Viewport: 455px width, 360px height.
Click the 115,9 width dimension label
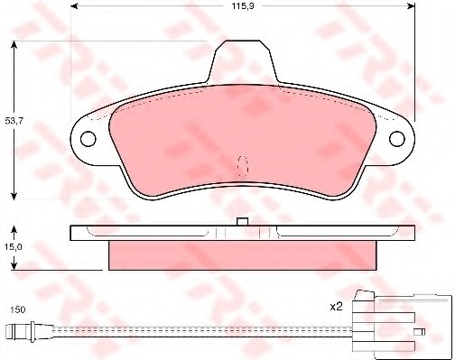(243, 6)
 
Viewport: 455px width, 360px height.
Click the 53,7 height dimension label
(14, 121)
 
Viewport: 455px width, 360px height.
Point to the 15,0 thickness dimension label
(14, 247)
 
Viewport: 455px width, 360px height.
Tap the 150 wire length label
(18, 309)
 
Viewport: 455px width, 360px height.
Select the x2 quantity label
(337, 307)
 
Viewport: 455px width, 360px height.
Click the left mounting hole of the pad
(88, 139)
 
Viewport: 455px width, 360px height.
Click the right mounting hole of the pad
(397, 139)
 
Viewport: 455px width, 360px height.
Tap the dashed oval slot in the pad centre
(243, 166)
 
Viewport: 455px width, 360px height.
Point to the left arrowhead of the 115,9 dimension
(74, 6)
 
